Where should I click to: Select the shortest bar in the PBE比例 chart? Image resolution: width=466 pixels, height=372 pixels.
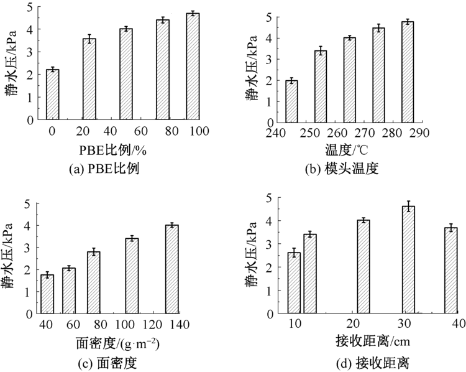click(52, 94)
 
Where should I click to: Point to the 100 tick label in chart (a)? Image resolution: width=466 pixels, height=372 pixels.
click(199, 132)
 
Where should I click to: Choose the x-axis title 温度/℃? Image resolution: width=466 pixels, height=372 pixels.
click(347, 150)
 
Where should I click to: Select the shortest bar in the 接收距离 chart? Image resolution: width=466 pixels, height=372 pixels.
click(294, 283)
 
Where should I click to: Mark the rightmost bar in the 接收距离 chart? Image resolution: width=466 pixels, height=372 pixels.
click(450, 271)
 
